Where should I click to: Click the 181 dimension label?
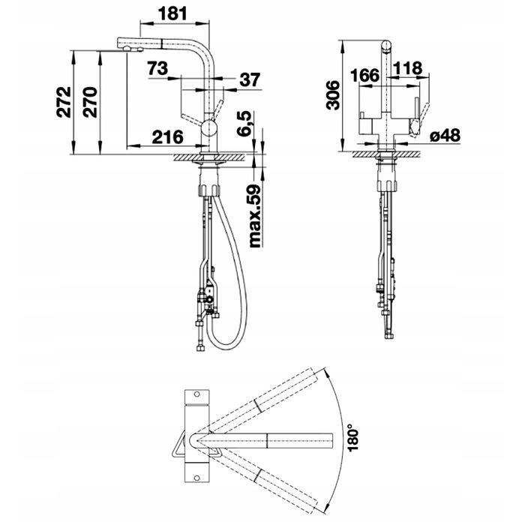[172, 13]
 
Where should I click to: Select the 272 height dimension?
[64, 102]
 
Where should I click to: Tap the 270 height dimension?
[90, 102]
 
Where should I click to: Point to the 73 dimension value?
[157, 68]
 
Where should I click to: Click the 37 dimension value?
[250, 80]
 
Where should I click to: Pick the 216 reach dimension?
[168, 136]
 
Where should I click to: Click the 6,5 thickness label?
[244, 123]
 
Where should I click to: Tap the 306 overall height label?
[333, 95]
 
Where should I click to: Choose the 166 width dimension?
[365, 75]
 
